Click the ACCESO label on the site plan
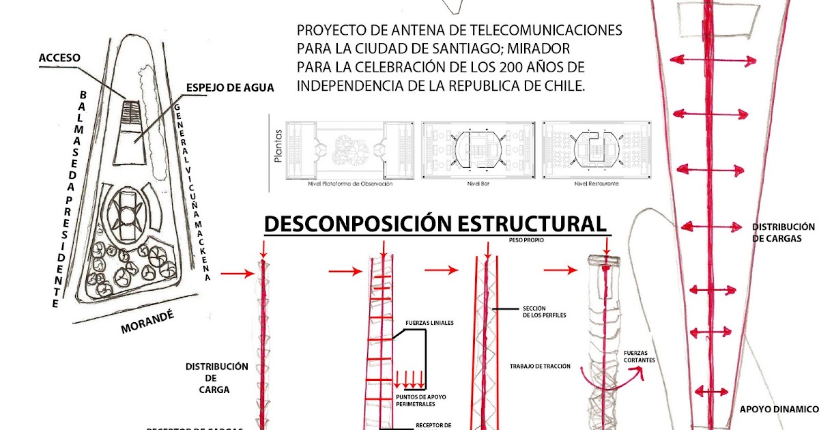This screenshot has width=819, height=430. [x=59, y=58]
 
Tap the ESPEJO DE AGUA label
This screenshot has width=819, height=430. [x=230, y=87]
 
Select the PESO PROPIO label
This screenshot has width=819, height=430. [x=527, y=240]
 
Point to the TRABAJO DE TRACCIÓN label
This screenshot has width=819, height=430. [x=540, y=367]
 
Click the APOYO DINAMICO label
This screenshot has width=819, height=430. [x=779, y=410]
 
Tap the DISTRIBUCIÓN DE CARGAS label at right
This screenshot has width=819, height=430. [x=784, y=232]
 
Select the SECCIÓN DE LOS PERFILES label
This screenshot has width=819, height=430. [x=543, y=311]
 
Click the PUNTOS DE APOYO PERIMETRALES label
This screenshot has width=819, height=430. [x=420, y=400]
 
